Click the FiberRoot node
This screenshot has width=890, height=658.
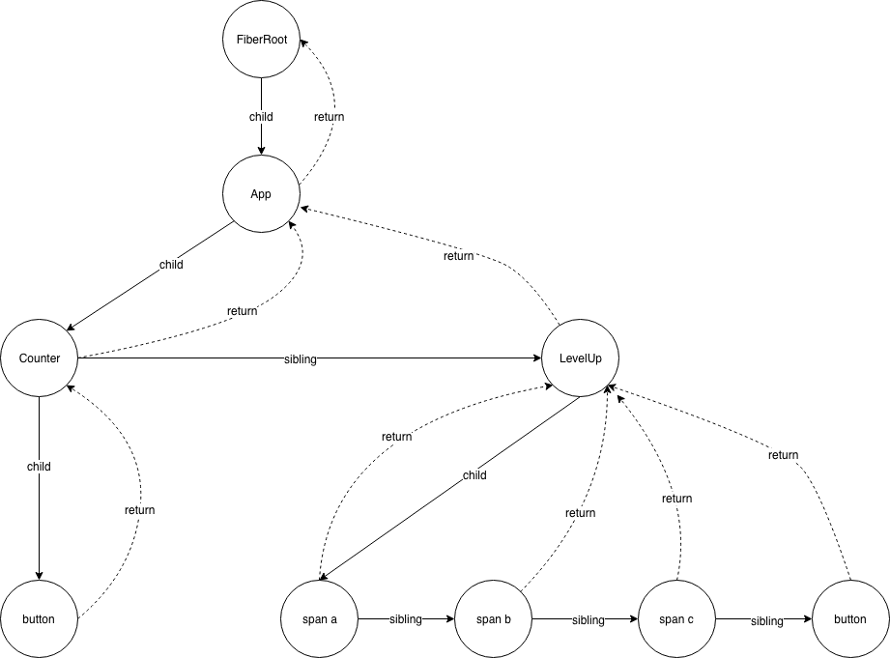point(261,40)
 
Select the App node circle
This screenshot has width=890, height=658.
point(261,194)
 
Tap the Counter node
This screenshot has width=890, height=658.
point(39,358)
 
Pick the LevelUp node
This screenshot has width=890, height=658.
point(580,358)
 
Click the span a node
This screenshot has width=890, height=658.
point(319,618)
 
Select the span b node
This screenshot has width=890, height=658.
point(493,618)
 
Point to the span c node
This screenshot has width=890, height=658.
point(676,618)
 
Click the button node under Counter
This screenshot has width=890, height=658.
point(39,618)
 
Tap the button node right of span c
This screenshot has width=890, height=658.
point(850,618)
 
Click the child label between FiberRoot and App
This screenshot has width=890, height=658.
point(261,117)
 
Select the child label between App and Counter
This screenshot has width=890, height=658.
point(171,264)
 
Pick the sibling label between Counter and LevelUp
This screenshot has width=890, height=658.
point(299,359)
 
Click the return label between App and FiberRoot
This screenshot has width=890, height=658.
point(329,117)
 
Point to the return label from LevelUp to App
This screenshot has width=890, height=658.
point(458,256)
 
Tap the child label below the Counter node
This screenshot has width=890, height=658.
point(39,467)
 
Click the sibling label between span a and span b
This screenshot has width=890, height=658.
point(405,619)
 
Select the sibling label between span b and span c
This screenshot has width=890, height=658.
point(588,619)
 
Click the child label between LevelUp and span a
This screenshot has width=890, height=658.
point(474,475)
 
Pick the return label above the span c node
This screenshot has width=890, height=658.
point(676,499)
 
